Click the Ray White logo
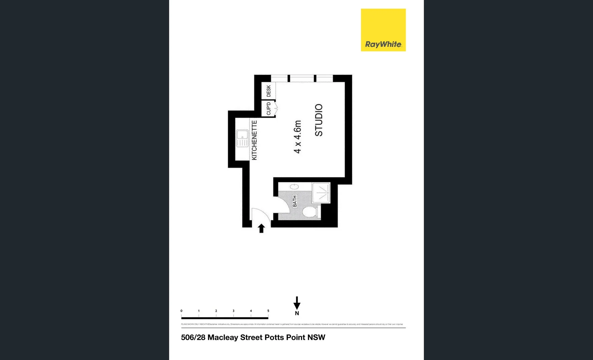coord(383,30)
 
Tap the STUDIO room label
coord(319,120)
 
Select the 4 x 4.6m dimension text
coord(298,137)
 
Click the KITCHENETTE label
coord(254,140)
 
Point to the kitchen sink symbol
coord(242,138)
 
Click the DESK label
coord(268,91)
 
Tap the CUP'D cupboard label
coord(268,109)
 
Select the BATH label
coord(294,201)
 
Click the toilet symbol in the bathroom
coord(310,212)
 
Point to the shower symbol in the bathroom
coord(321,193)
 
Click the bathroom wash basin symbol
coord(294,187)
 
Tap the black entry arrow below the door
coord(261,228)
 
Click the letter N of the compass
coord(297,313)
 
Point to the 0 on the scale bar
coord(181,311)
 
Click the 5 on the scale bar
coord(268,311)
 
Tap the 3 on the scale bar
coord(233,311)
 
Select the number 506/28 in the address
coord(193,337)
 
